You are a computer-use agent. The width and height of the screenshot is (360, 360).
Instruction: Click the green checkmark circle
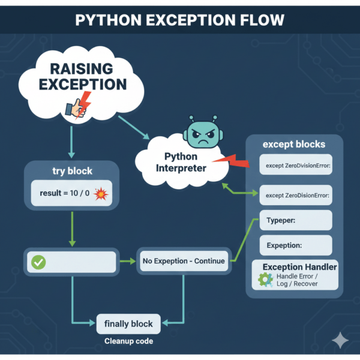(39, 262)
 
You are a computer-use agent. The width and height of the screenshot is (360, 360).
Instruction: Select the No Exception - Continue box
(184, 261)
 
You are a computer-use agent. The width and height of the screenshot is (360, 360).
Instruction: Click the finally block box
(128, 324)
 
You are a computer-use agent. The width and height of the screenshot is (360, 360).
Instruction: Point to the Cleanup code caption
(128, 341)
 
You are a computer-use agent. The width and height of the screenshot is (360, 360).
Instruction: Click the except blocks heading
(294, 145)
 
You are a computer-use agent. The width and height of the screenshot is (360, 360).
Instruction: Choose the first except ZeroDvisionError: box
(295, 165)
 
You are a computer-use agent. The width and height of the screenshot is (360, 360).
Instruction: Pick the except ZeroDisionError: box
(295, 194)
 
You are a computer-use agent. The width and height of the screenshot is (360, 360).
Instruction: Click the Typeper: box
(295, 220)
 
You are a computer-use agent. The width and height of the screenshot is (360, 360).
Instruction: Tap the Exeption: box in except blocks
(295, 245)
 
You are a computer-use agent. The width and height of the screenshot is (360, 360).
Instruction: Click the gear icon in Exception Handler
(265, 280)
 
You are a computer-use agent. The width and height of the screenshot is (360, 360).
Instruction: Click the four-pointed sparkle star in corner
(340, 340)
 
